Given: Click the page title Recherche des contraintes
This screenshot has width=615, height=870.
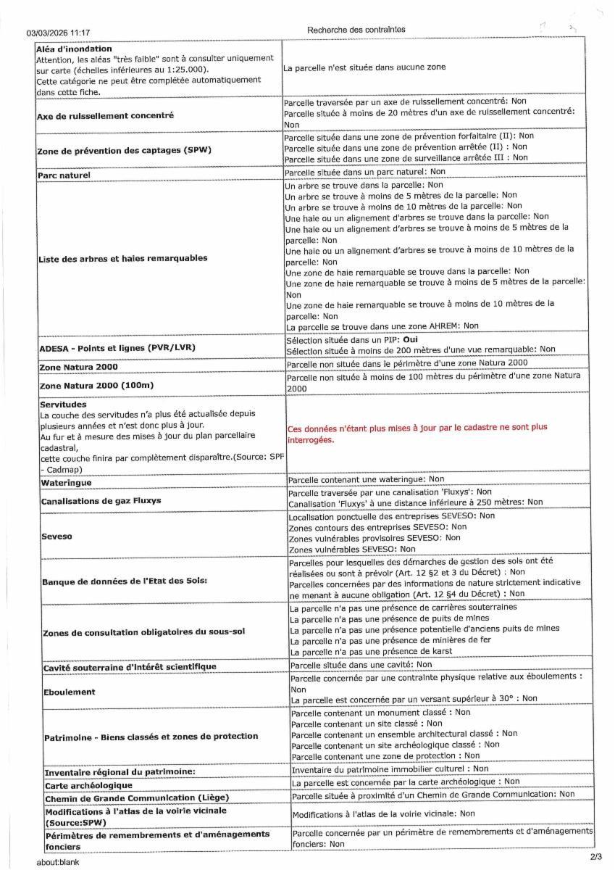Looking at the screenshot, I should (x=356, y=30).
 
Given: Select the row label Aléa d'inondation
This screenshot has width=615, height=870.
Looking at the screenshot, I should (x=66, y=48).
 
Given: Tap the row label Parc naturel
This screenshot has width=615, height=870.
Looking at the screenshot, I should (x=64, y=175).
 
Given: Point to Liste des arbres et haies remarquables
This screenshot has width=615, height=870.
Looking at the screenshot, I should (x=122, y=258).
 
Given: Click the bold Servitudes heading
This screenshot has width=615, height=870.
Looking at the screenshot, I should (x=64, y=404).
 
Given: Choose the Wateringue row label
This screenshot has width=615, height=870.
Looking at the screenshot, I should (x=67, y=482).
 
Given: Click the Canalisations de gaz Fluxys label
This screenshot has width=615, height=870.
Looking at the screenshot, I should (x=101, y=500).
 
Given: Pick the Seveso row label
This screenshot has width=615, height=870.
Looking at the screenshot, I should (x=57, y=537).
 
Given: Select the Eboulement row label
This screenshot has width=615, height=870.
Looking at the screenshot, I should (x=70, y=692).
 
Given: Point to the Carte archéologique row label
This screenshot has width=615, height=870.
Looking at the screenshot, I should (x=88, y=785).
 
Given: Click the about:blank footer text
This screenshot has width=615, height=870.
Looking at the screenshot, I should (x=58, y=862).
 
